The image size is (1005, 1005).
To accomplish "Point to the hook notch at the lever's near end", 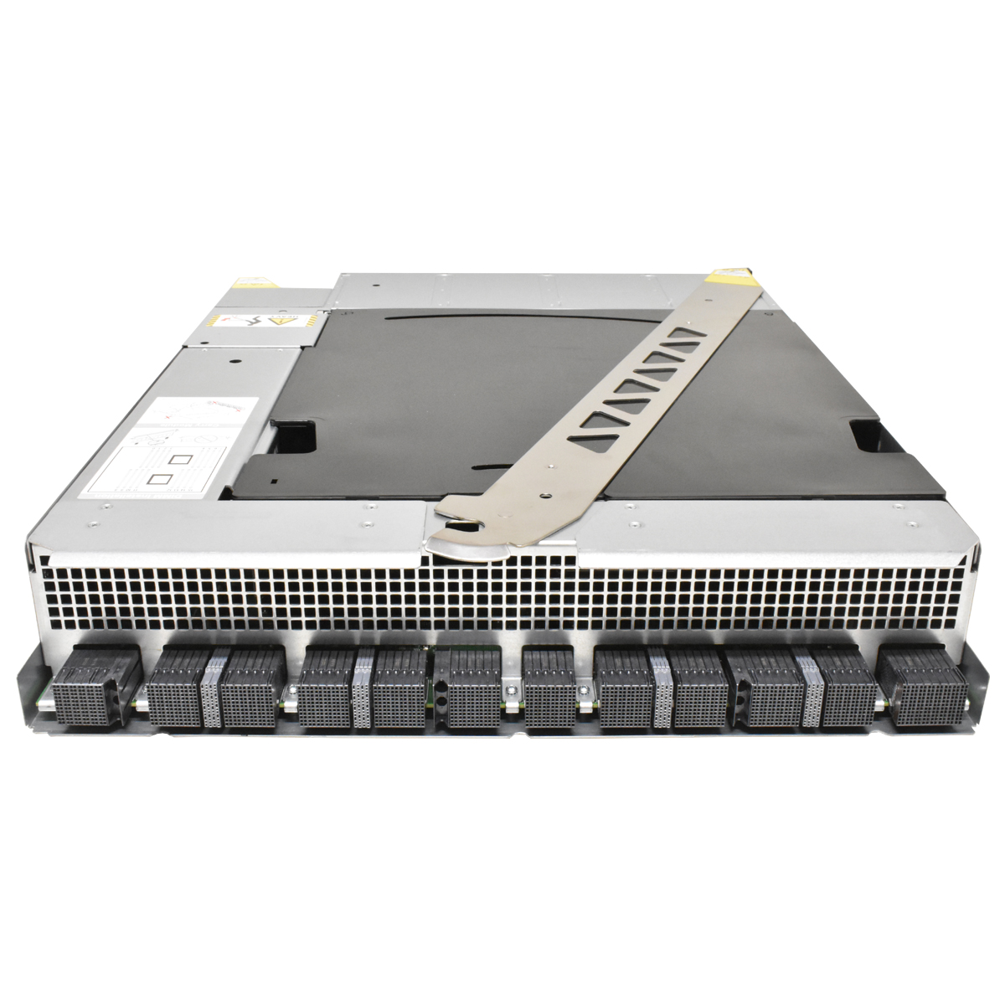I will tap(459, 526).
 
